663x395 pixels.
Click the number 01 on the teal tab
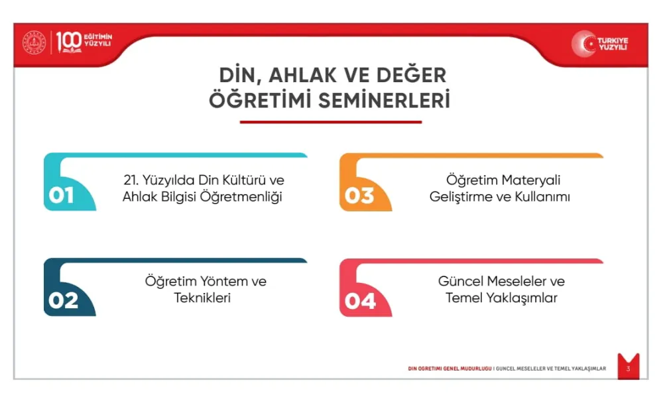(x=61, y=196)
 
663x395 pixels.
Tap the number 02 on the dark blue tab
(x=64, y=301)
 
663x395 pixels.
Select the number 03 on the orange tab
(x=359, y=196)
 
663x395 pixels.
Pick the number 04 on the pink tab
(x=360, y=301)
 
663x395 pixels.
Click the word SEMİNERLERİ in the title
(x=384, y=101)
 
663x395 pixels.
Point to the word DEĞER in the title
(x=411, y=76)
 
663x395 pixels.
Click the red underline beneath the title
(x=331, y=122)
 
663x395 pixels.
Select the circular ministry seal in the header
(x=34, y=42)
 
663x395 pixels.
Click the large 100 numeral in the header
(x=68, y=42)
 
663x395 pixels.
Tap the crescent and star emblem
(x=584, y=44)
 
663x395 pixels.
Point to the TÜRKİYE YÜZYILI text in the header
(x=613, y=44)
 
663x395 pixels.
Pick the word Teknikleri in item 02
(x=202, y=298)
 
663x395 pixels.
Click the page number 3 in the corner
(x=629, y=368)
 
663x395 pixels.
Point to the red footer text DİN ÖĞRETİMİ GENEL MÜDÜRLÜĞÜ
(x=450, y=368)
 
